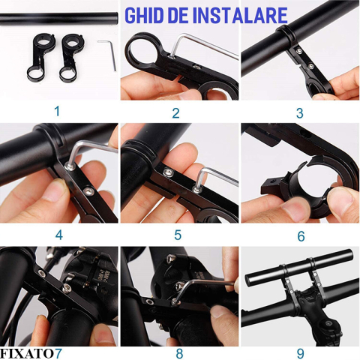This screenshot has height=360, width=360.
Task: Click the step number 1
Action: [56, 111]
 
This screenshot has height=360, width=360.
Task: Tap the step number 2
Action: [176, 113]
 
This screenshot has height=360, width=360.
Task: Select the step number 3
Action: [300, 113]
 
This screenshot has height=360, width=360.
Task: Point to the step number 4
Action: [58, 235]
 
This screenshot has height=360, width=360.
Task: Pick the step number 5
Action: [177, 235]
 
